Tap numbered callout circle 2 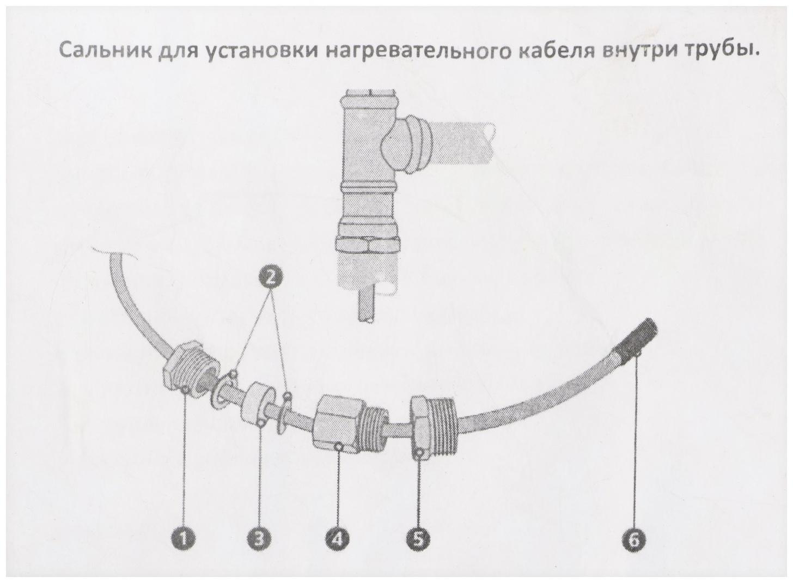[x=270, y=277]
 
